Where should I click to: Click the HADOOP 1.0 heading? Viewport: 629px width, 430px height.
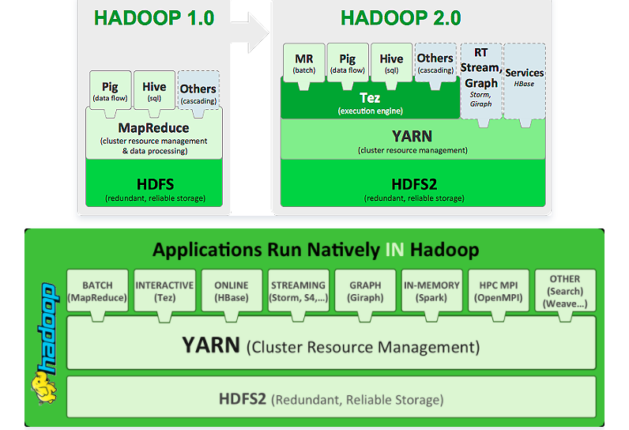click(x=154, y=18)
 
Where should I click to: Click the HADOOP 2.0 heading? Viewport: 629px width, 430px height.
click(x=401, y=18)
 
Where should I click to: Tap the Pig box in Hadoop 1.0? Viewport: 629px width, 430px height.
click(x=110, y=91)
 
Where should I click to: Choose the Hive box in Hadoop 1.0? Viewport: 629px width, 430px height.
click(x=154, y=91)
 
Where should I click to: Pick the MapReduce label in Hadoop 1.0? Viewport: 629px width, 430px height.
click(x=153, y=127)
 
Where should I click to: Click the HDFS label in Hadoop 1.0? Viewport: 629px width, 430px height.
click(x=154, y=183)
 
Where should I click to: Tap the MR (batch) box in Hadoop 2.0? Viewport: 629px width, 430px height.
click(x=304, y=62)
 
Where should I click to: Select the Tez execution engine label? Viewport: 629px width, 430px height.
click(x=370, y=99)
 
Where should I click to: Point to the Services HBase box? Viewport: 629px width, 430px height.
click(x=525, y=77)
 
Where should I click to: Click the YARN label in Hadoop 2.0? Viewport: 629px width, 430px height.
click(x=412, y=137)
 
